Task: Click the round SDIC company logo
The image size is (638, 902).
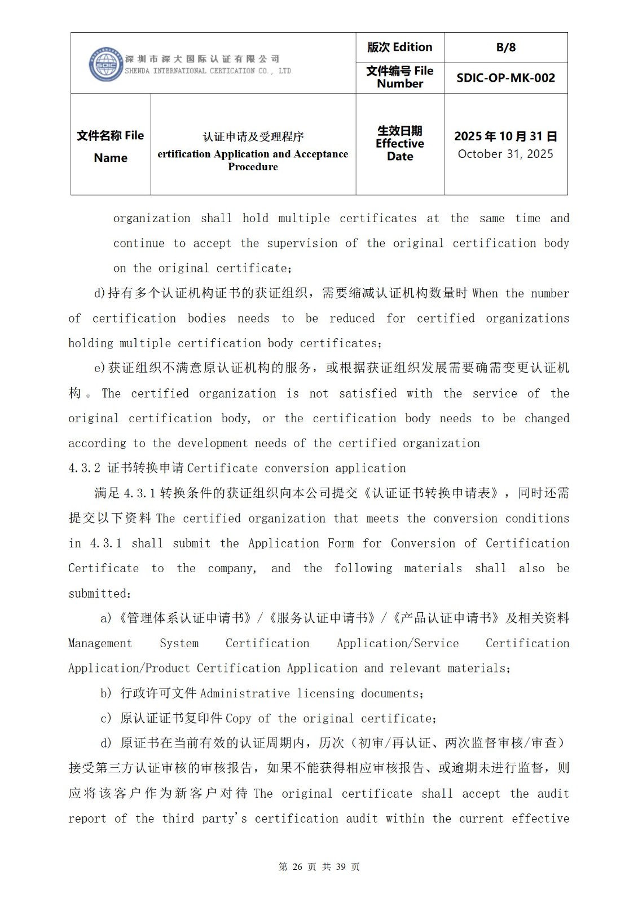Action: pyautogui.click(x=106, y=64)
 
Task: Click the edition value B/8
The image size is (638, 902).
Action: pyautogui.click(x=505, y=47)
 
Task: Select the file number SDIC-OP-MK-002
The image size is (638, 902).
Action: pyautogui.click(x=505, y=78)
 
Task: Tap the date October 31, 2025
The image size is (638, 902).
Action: pyautogui.click(x=505, y=154)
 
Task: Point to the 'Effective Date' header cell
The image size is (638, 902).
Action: pyautogui.click(x=399, y=144)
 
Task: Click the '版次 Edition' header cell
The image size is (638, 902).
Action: pyautogui.click(x=399, y=47)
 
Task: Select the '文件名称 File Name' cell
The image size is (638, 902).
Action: pyautogui.click(x=111, y=146)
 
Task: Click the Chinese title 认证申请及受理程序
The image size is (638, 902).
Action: pyautogui.click(x=253, y=136)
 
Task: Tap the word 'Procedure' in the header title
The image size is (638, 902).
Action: pyautogui.click(x=253, y=167)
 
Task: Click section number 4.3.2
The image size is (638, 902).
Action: pyautogui.click(x=85, y=468)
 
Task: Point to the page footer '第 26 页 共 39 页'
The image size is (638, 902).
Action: pyautogui.click(x=319, y=866)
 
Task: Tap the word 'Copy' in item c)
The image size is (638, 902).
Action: pyautogui.click(x=238, y=719)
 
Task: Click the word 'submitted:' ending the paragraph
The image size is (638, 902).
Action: pyautogui.click(x=100, y=594)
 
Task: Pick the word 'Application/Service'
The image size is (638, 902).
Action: pyautogui.click(x=398, y=643)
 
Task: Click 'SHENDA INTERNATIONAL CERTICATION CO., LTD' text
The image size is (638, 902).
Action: pyautogui.click(x=208, y=71)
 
